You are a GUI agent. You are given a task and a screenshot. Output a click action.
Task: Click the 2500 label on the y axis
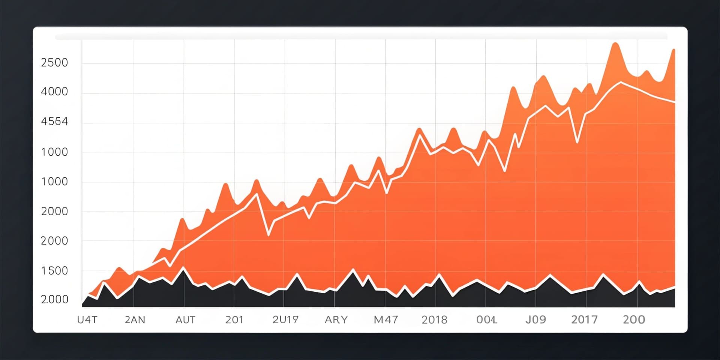tap(54, 63)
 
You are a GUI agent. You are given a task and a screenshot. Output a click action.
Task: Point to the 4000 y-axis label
tap(54, 91)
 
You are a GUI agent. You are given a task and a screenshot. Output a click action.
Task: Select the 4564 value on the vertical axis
tap(54, 121)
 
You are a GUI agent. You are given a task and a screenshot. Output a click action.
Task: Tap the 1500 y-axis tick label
tap(54, 271)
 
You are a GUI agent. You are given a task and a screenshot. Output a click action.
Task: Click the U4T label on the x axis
tap(87, 320)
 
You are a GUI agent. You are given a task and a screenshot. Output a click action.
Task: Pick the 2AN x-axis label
tap(135, 320)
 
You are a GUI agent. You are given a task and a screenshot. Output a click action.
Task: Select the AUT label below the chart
tap(185, 320)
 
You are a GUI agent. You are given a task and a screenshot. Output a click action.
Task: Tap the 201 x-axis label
tap(234, 320)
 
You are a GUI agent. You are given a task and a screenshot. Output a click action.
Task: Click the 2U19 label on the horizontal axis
tap(285, 320)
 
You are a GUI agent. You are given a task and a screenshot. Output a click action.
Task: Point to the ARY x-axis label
tap(336, 320)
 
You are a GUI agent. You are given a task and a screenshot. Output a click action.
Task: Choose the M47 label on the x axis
tap(386, 320)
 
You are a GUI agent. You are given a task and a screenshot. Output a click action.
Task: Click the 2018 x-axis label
tap(434, 320)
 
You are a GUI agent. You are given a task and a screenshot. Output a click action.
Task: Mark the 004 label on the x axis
tap(486, 320)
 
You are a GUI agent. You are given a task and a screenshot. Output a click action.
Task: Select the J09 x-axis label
tap(535, 320)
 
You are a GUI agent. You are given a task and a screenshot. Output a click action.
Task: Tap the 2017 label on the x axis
tap(584, 320)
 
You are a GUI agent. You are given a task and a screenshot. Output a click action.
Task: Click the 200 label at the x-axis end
tap(634, 320)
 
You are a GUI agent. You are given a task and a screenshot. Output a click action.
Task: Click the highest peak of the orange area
tap(615, 44)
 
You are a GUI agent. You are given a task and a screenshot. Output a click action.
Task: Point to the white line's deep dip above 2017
tap(577, 142)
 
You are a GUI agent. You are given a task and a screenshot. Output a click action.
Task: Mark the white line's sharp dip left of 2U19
tap(268, 235)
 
